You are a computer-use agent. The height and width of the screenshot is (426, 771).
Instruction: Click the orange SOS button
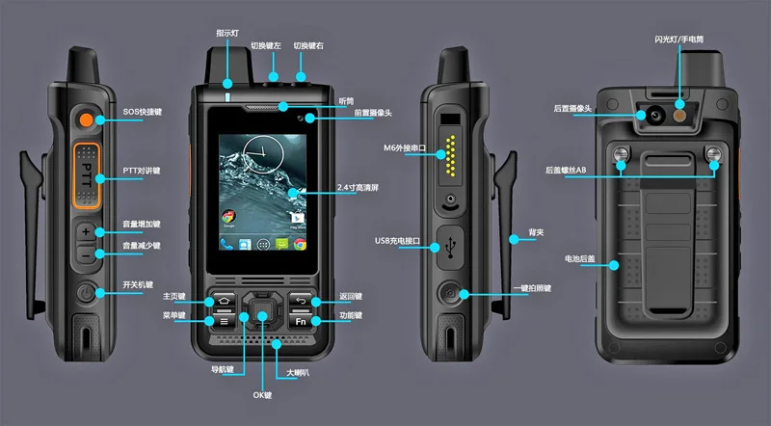pos(87,120)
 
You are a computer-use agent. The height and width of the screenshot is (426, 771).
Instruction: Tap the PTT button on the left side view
pos(87,175)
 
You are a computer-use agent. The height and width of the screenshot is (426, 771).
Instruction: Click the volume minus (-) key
pos(86,255)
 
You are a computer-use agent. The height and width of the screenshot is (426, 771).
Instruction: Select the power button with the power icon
pos(86,293)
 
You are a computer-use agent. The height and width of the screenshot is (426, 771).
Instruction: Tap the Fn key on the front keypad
pos(301,322)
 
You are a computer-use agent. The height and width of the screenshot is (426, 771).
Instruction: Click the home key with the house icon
pos(225,301)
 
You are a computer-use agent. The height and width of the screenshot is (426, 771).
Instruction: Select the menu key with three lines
pos(225,322)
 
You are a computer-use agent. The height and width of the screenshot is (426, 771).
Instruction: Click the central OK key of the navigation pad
pos(262,310)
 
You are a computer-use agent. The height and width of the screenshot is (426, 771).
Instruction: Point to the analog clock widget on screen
pos(263,154)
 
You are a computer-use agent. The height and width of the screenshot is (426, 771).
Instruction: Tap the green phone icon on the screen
pos(226,244)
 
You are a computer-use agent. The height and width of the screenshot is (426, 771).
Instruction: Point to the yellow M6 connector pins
pos(450,156)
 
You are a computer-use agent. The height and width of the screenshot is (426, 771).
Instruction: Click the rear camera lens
pos(655,116)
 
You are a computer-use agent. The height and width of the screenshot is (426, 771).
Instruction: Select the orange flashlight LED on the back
pos(679,116)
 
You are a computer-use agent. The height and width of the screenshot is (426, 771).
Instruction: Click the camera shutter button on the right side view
pos(449,293)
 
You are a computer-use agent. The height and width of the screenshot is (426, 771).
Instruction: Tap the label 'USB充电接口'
pos(397,241)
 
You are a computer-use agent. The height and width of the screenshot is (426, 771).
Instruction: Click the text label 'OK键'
pos(262,395)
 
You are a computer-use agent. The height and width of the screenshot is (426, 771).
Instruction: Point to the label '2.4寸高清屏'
pos(358,187)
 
